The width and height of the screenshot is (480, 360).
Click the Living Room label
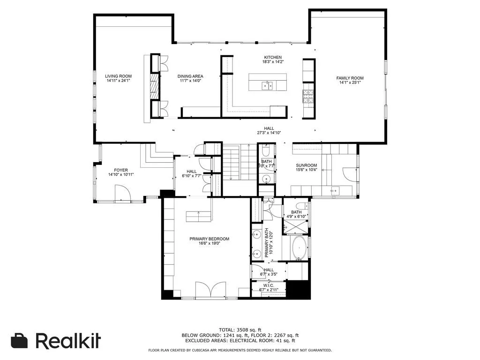(x=118, y=78)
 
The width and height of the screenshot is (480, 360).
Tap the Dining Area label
(x=190, y=78)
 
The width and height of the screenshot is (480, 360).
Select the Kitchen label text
(x=272, y=59)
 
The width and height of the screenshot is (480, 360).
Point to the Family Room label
(x=350, y=81)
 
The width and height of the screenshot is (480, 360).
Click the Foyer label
(x=121, y=172)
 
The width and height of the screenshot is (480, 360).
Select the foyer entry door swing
(x=123, y=192)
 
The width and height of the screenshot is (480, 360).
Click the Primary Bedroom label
(x=209, y=241)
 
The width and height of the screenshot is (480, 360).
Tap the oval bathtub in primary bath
(x=300, y=248)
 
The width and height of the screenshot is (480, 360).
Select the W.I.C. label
(x=269, y=287)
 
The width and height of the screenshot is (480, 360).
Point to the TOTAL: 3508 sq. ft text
(x=240, y=330)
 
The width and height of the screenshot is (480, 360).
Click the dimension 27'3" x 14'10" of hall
(x=269, y=133)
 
